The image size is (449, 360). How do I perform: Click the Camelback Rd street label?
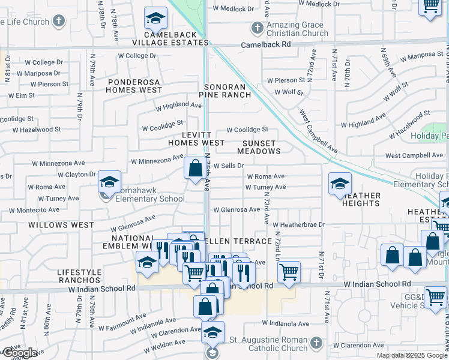[265, 45]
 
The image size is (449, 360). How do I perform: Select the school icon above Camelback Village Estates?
[155, 19]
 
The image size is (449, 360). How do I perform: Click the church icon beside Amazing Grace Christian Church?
[257, 28]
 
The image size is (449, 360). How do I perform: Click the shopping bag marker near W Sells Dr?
[195, 169]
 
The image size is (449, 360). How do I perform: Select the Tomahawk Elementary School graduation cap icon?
[109, 182]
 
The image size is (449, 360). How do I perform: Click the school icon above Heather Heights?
[340, 183]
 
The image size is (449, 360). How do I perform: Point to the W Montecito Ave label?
[34, 210]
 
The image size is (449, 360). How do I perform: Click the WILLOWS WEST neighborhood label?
[61, 225]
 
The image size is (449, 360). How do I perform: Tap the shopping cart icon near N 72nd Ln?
[289, 272]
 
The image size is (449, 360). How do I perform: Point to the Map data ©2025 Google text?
[411, 355]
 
